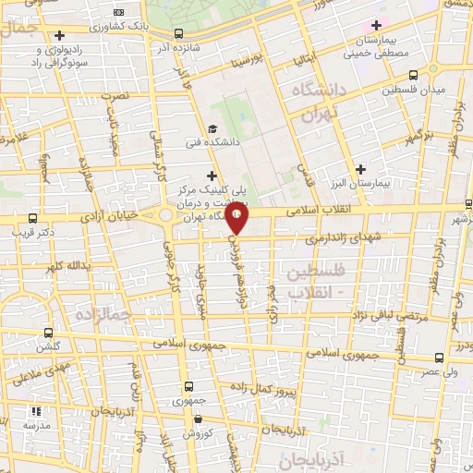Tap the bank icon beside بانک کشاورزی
117,11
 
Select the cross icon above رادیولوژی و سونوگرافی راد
59,35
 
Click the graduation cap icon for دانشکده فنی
212,129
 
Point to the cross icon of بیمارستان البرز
360,168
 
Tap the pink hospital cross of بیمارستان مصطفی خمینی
375,25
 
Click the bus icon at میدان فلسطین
413,74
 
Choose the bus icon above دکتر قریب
33,218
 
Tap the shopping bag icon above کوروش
190,417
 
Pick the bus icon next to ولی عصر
436,358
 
